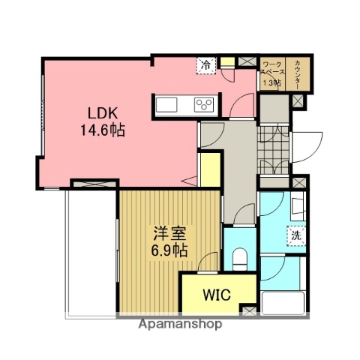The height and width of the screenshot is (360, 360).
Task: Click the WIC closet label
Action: (216, 293)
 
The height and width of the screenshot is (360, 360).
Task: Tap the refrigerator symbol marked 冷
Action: (205, 66)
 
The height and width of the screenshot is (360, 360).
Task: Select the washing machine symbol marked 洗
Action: (295, 234)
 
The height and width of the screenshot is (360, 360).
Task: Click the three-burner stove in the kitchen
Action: (203, 104)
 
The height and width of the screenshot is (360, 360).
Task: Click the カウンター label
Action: (298, 73)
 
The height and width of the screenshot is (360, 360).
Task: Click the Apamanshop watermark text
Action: (179, 325)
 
